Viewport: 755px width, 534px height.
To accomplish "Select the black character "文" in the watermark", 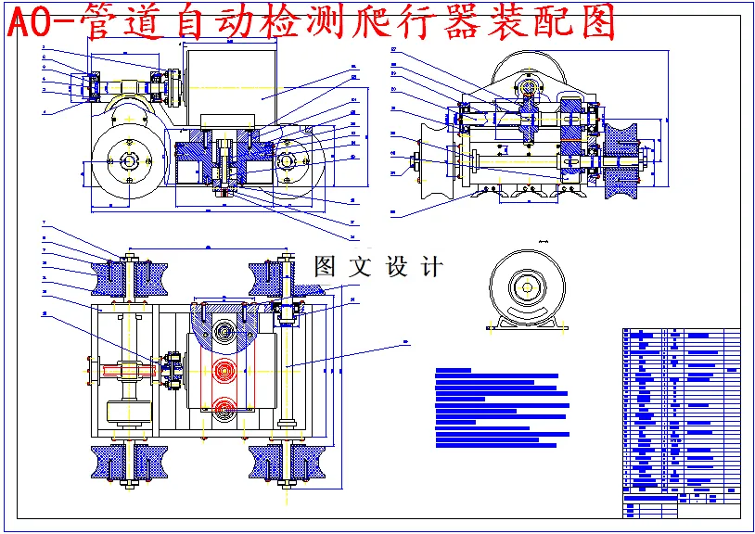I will coord(360,267).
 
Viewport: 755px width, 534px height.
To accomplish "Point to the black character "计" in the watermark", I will coord(430,267).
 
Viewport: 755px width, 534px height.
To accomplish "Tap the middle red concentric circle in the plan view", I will coord(224,371).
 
